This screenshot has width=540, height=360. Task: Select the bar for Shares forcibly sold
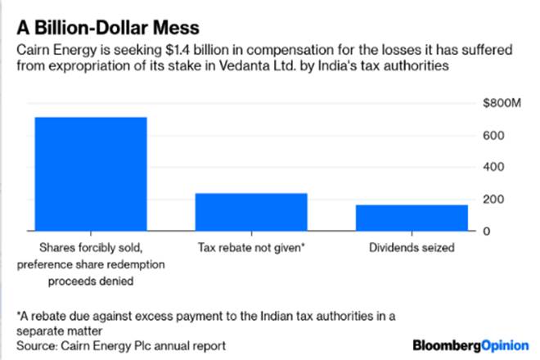90,173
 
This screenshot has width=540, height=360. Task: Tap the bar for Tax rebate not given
251,212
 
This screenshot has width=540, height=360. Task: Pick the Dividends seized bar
412,218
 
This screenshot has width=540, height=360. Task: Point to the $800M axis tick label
502,103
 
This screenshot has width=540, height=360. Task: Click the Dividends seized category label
412,245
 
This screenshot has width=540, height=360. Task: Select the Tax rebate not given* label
251,245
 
